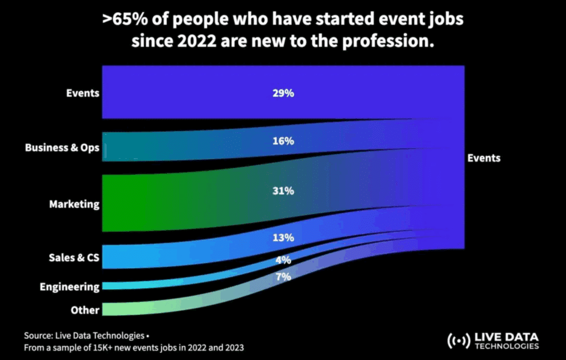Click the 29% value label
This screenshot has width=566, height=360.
(282, 93)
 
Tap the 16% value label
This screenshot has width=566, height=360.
(282, 141)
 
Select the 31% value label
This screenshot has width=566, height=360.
(282, 191)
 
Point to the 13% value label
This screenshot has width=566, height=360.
(282, 238)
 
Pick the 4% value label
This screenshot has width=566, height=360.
(282, 260)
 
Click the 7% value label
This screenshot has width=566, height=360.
(282, 276)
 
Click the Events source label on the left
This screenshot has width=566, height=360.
(82, 93)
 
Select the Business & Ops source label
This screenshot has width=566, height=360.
(62, 148)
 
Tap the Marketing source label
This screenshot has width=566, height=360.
(74, 204)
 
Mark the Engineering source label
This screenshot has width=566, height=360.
(70, 286)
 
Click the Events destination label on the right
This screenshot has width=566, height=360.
(484, 158)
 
